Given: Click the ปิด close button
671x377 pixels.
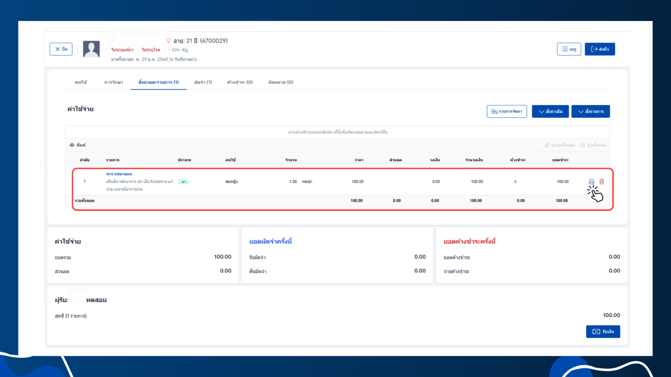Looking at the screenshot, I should (x=61, y=49).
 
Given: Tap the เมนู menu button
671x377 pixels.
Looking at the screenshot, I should (x=569, y=49).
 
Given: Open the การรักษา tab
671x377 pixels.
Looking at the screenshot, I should (x=114, y=82).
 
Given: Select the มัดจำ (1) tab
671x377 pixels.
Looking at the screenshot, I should (x=203, y=82).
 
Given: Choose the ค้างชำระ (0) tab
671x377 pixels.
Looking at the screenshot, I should (x=240, y=82).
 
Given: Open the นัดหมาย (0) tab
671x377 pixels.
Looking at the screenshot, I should (x=280, y=82).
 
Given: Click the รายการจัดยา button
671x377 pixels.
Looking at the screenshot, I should (x=507, y=112).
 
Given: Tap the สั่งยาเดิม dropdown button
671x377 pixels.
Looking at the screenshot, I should (x=550, y=112).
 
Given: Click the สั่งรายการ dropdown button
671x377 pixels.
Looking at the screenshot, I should (x=590, y=112).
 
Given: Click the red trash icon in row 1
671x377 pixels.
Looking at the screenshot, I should (x=602, y=182).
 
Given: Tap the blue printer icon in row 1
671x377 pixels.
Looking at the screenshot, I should (x=591, y=182).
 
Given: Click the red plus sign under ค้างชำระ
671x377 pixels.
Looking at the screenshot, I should (x=515, y=182).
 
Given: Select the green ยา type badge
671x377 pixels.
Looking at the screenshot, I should (x=184, y=182).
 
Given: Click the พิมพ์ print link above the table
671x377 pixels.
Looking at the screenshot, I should (x=78, y=145).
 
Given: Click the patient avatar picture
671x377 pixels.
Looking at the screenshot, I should (x=91, y=49).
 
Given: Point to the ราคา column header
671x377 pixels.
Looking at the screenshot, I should (x=359, y=160).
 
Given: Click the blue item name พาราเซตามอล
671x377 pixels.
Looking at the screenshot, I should (x=119, y=174).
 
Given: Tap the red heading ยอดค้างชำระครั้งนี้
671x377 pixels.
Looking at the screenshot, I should (x=469, y=241).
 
